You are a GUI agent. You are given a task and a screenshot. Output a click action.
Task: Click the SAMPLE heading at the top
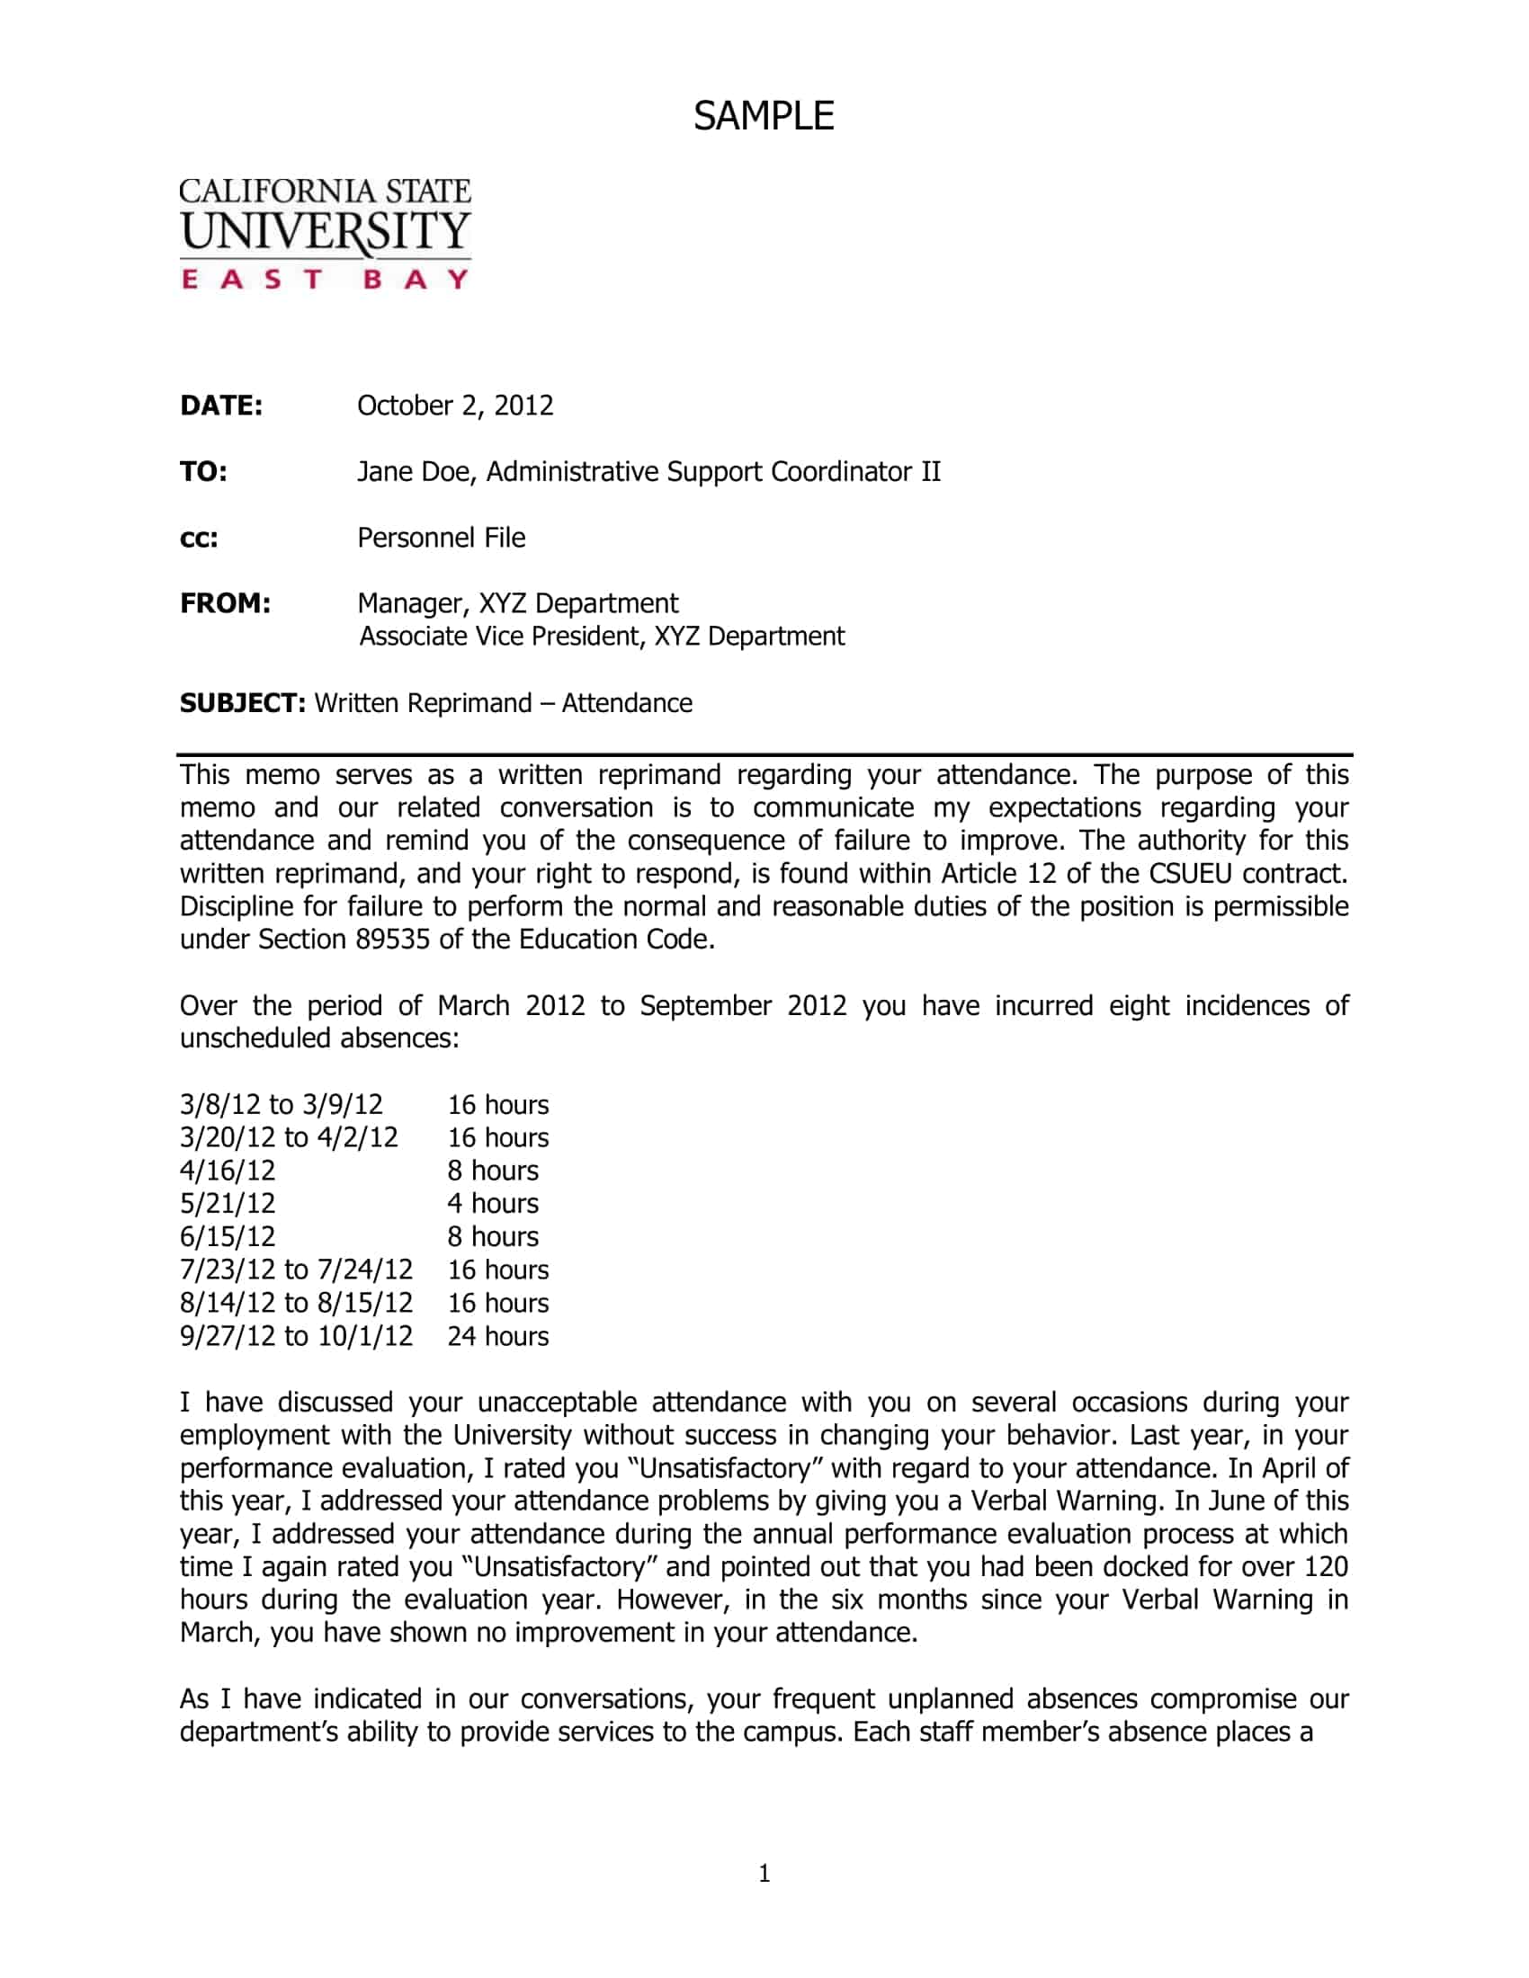tap(764, 116)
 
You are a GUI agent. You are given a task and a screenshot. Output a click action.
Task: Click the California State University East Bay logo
tap(326, 234)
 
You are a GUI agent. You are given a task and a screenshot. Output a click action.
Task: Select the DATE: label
tap(221, 405)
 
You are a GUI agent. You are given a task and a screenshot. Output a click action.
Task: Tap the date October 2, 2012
tap(455, 405)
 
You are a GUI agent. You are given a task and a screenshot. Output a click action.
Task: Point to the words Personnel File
tap(441, 538)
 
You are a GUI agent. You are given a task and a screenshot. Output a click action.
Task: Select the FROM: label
tap(225, 603)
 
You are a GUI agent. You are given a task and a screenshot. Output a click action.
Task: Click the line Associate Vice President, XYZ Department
tap(602, 637)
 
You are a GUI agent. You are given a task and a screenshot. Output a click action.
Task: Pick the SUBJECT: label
tap(242, 704)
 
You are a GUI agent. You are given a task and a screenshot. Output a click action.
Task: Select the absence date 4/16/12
tap(228, 1171)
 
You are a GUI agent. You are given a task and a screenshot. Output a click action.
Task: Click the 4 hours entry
tap(493, 1204)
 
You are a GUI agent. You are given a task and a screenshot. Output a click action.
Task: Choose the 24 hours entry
tap(497, 1337)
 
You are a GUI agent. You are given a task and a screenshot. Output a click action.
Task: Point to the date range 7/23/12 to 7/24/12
tap(296, 1270)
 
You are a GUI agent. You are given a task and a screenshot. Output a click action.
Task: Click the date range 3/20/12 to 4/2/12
tap(289, 1137)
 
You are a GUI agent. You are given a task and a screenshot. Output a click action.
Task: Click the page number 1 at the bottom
tap(764, 1874)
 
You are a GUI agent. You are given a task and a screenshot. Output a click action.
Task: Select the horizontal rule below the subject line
tap(764, 754)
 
